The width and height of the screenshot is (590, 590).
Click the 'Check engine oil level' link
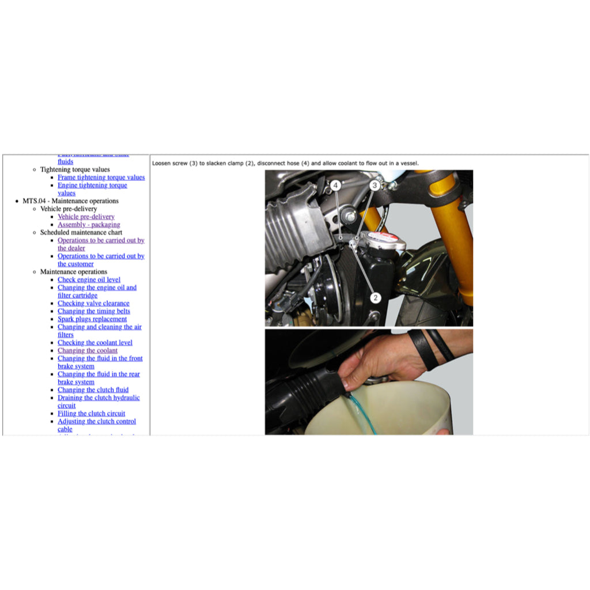(89, 280)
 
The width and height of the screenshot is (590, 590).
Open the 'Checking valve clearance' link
(93, 304)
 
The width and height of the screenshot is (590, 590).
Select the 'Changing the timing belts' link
(94, 311)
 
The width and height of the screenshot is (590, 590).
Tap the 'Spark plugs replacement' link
(92, 319)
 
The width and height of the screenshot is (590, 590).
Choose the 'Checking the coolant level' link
(95, 343)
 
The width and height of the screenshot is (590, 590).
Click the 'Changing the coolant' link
(88, 350)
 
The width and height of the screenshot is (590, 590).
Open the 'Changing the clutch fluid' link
(93, 390)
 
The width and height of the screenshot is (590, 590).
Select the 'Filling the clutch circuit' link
(91, 414)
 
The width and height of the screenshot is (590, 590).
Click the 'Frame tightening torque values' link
(101, 177)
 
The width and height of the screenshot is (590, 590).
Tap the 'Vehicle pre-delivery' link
(86, 217)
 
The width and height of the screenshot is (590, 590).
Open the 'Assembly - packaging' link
(89, 225)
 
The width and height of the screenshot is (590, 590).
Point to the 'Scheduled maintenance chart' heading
(81, 233)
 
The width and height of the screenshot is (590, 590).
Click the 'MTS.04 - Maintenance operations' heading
(70, 201)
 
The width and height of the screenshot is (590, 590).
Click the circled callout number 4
(335, 186)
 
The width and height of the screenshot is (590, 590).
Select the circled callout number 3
(375, 186)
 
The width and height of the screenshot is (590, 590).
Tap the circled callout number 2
(376, 298)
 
